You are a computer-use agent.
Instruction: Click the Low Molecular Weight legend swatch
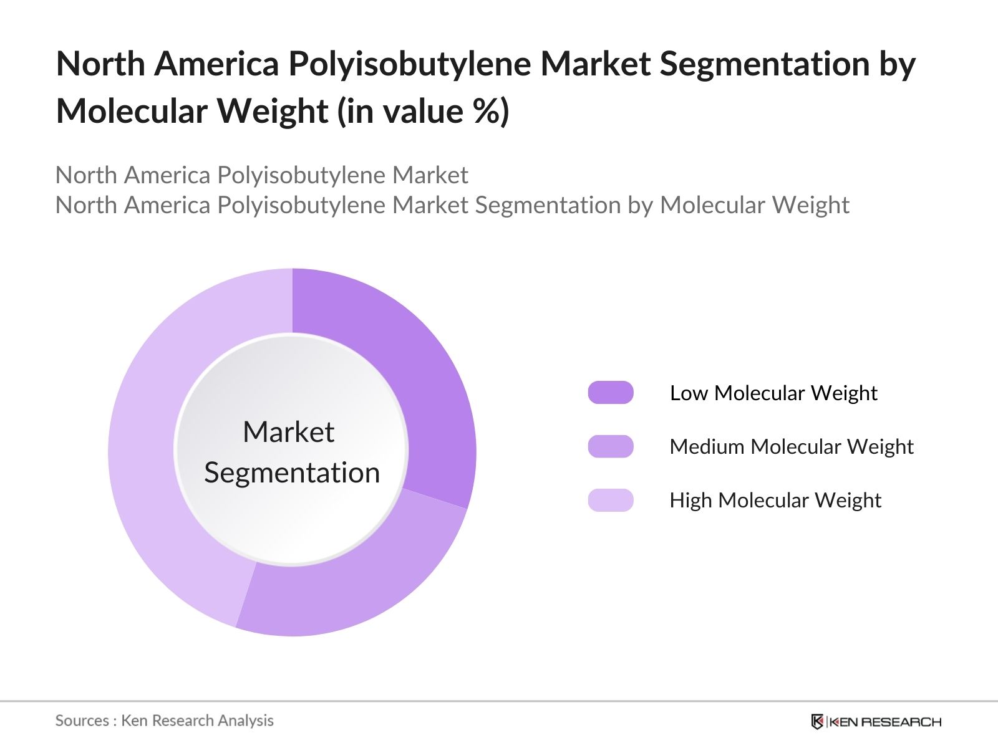pos(611,393)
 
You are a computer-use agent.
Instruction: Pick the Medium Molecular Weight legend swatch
pos(611,446)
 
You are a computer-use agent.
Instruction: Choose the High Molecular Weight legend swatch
pos(611,500)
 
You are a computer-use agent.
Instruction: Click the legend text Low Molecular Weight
pos(773,393)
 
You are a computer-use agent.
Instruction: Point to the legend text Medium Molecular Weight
pos(791,447)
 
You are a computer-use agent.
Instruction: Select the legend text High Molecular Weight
pos(775,501)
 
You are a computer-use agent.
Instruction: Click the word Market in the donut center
pos(288,432)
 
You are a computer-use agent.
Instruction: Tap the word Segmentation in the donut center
pos(292,472)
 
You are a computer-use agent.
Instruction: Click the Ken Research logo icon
pos(817,722)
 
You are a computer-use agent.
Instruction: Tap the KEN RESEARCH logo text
pos(884,722)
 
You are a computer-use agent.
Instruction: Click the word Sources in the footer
pos(82,721)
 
